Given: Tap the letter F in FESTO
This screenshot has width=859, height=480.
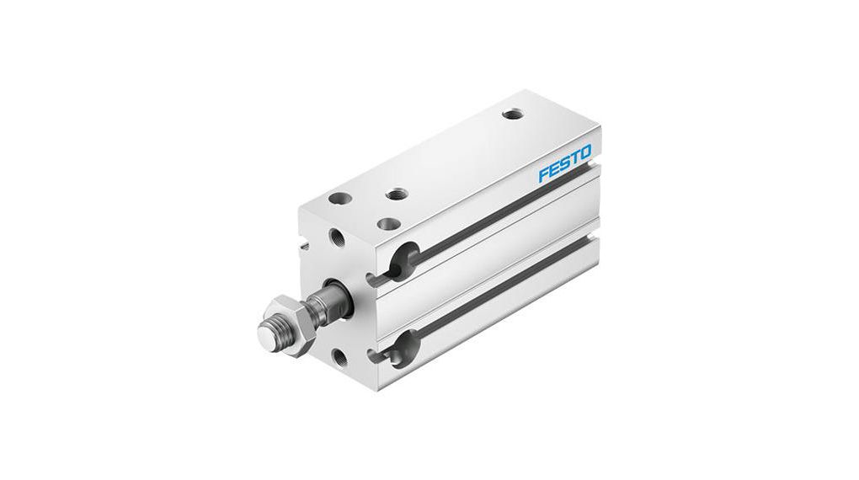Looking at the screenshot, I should [x=544, y=175].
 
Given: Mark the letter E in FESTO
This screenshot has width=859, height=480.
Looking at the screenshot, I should [x=554, y=169].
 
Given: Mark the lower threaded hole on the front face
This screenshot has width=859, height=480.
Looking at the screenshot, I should [x=339, y=357].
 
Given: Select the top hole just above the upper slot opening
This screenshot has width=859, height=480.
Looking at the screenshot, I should [x=388, y=224].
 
